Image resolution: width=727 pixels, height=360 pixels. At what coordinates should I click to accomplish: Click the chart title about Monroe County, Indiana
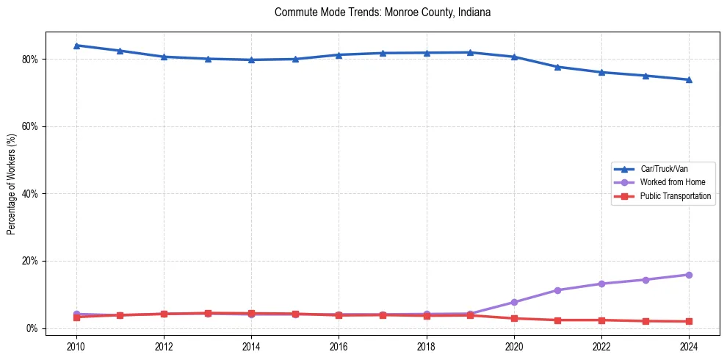pyautogui.click(x=382, y=12)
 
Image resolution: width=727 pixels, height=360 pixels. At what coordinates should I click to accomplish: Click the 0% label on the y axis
pyautogui.click(x=32, y=328)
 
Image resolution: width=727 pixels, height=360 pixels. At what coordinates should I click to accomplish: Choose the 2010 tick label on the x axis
pyautogui.click(x=76, y=346)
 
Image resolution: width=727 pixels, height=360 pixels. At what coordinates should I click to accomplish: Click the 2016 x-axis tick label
pyautogui.click(x=339, y=346)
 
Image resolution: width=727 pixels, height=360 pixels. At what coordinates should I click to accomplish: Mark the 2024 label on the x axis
pyautogui.click(x=689, y=346)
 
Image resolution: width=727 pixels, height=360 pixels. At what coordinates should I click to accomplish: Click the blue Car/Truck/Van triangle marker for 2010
pyautogui.click(x=76, y=46)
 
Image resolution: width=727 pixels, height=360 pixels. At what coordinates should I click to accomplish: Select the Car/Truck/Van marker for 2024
pyautogui.click(x=689, y=79)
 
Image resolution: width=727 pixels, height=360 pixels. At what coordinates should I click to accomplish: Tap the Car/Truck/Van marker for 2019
pyautogui.click(x=470, y=52)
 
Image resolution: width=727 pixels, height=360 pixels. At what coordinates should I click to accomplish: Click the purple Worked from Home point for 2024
pyautogui.click(x=689, y=275)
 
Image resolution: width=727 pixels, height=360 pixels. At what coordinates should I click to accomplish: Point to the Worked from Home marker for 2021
pyautogui.click(x=557, y=290)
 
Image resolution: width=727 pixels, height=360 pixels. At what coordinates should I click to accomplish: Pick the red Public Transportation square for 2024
pyautogui.click(x=689, y=321)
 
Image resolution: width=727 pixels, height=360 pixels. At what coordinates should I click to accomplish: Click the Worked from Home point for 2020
pyautogui.click(x=514, y=302)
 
